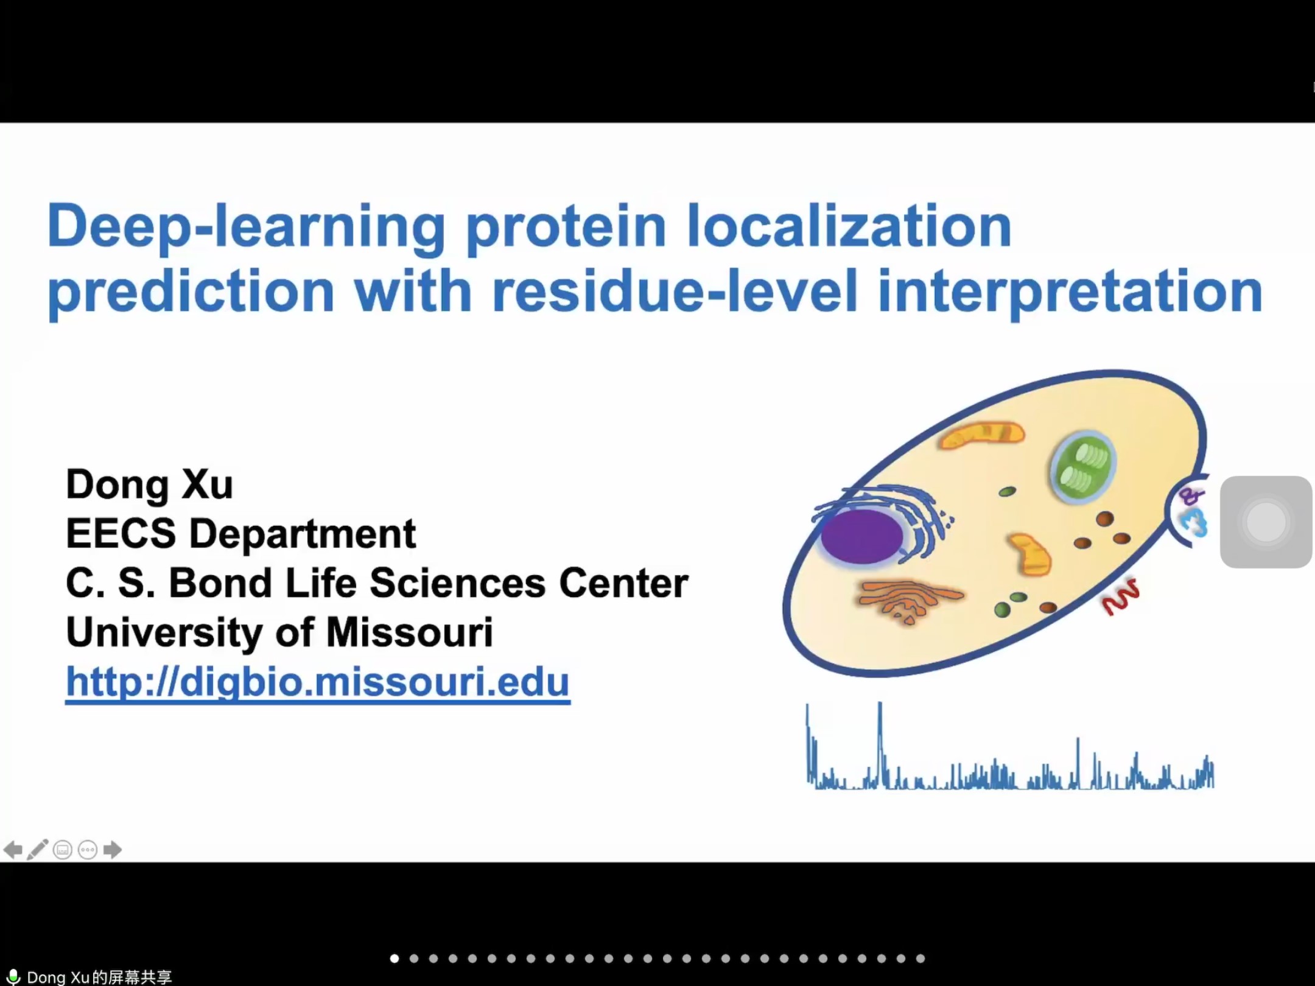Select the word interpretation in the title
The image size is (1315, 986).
(1070, 292)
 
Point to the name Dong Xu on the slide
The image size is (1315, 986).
(149, 485)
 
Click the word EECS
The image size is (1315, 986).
(121, 534)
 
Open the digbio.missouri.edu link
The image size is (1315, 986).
(318, 682)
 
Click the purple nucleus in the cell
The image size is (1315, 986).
(861, 536)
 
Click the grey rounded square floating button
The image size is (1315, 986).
(1266, 522)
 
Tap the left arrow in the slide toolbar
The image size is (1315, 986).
(13, 850)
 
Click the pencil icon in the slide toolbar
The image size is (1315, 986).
(38, 849)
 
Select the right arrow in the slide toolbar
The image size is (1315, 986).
(113, 850)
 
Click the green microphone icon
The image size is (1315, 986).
(13, 976)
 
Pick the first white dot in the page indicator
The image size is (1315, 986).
(394, 959)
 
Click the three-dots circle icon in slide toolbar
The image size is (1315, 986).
(88, 850)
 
